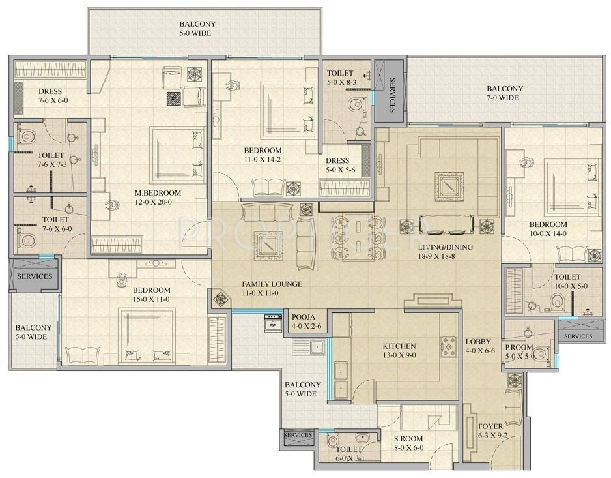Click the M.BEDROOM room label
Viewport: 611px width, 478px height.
click(x=158, y=193)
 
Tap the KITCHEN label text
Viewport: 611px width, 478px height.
click(x=399, y=346)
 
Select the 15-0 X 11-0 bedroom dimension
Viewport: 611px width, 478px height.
click(x=151, y=299)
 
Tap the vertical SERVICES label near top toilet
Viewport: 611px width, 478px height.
click(x=392, y=95)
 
